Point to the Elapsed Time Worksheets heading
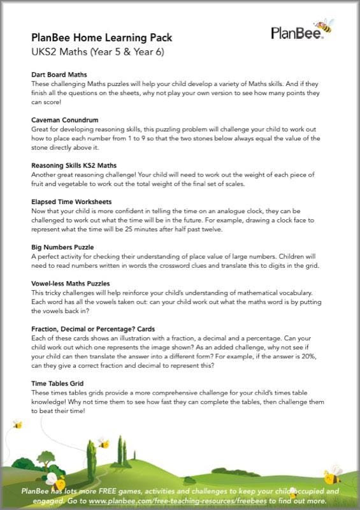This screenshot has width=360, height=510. pyautogui.click(x=71, y=201)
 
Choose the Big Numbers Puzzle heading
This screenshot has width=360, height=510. pyautogui.click(x=62, y=247)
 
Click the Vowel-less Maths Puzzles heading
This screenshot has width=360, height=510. pyautogui.click(x=71, y=283)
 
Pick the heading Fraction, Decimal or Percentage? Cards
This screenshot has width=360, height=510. pyautogui.click(x=93, y=329)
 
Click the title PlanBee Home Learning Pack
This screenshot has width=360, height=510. pyautogui.click(x=101, y=38)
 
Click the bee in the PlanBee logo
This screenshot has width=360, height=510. pyautogui.click(x=324, y=25)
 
